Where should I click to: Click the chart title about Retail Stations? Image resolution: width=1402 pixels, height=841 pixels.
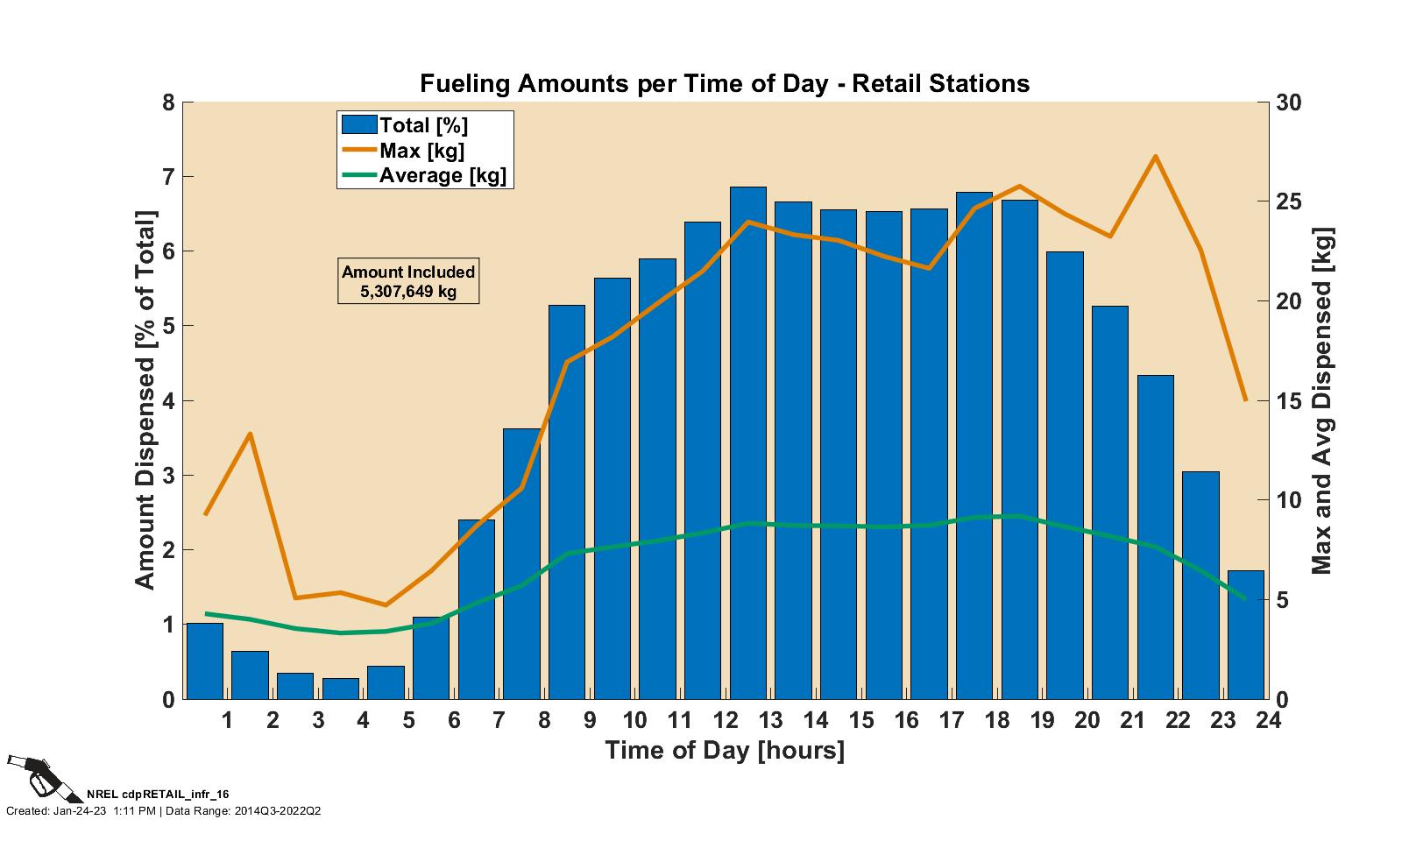tap(724, 84)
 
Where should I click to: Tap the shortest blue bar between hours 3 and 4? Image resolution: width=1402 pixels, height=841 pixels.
tap(341, 689)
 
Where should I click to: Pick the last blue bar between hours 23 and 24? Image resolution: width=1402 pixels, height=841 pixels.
tap(1245, 635)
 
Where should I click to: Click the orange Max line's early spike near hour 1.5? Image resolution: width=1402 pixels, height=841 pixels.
tap(251, 434)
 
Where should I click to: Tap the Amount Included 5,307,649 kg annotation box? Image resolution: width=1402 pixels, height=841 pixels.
tap(408, 281)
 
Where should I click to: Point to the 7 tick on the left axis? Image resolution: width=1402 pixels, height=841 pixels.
tap(170, 177)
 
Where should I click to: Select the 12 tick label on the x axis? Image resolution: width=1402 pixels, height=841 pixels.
tap(725, 721)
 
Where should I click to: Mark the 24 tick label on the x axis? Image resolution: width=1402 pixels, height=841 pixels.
tap(1267, 721)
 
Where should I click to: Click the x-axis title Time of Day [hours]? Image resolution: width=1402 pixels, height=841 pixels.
tap(724, 751)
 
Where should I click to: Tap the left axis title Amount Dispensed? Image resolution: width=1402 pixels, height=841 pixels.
tap(145, 399)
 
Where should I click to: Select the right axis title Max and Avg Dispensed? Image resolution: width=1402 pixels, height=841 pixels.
tap(1321, 400)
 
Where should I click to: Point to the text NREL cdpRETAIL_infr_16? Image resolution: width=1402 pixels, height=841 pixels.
tap(158, 795)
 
